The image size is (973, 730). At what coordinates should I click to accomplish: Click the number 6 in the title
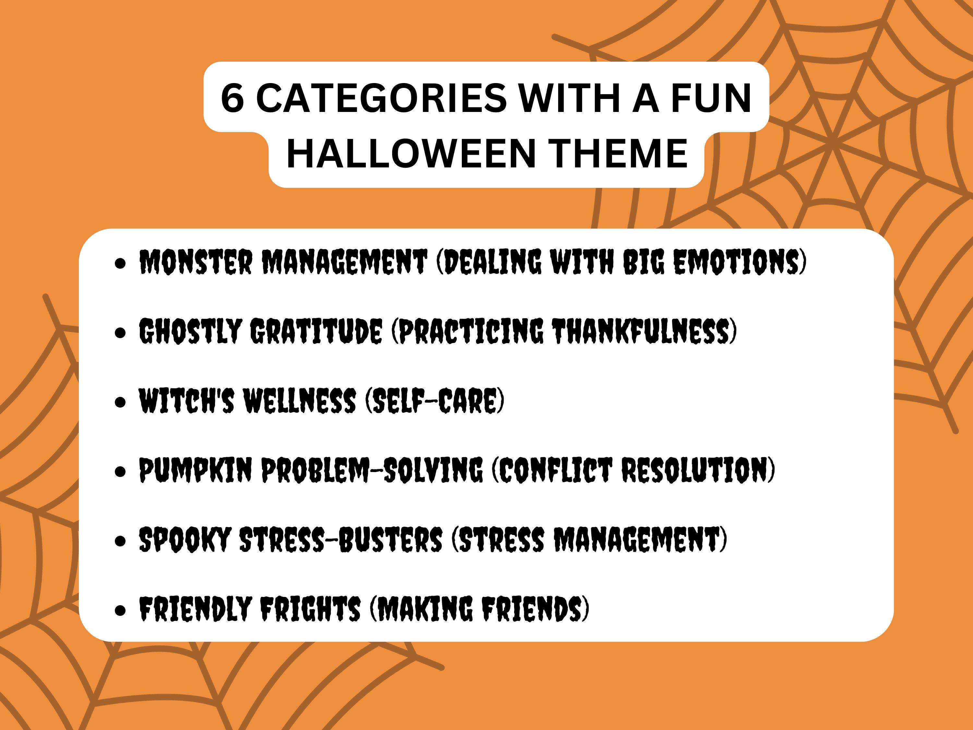point(232,98)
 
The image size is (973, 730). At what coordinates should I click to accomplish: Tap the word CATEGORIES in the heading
point(381,98)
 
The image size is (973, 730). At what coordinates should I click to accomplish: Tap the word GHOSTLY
point(190,331)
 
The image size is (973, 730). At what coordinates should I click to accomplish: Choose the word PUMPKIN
point(195,470)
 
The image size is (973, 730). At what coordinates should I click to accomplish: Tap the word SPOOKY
point(185,540)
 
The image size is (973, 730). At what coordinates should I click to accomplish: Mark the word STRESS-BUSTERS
point(341,540)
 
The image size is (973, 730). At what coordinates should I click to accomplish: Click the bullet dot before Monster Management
point(120,263)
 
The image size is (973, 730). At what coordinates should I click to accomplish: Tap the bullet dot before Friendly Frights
point(120,610)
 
